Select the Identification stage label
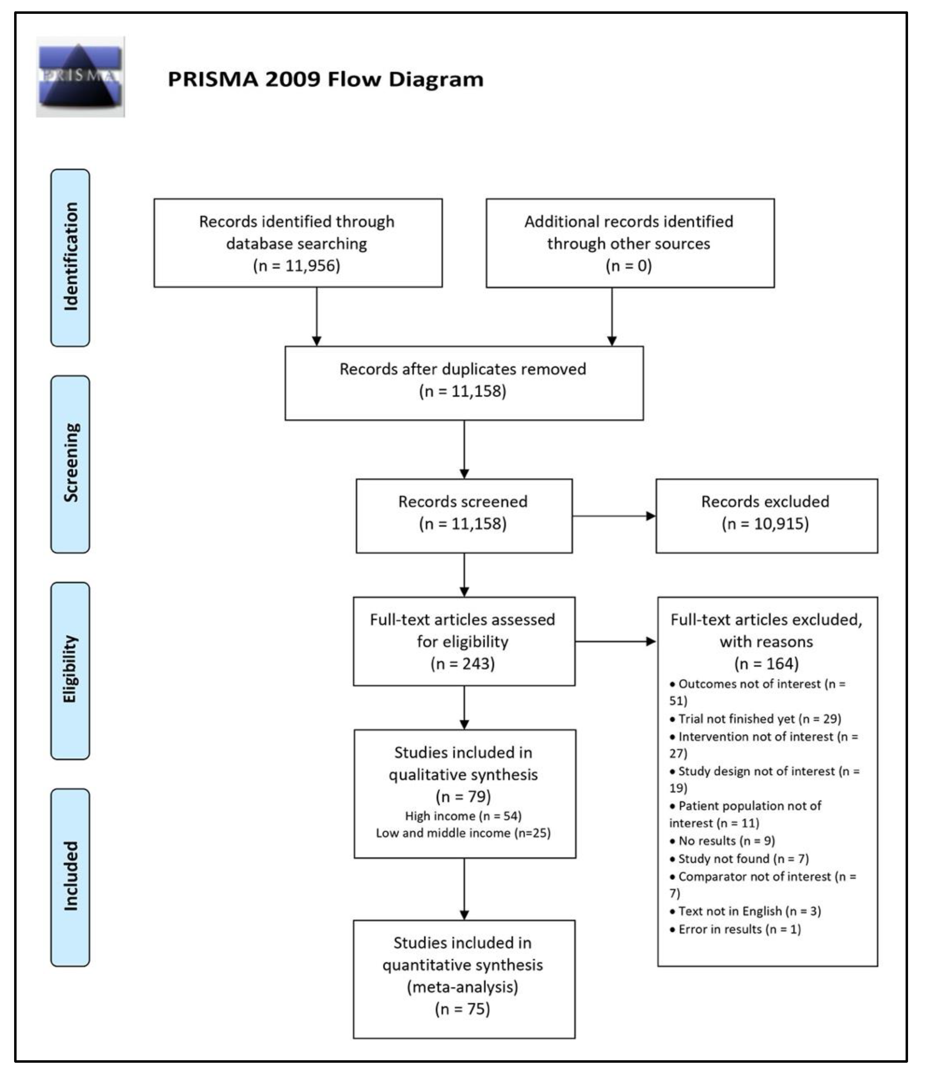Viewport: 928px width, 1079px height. point(70,257)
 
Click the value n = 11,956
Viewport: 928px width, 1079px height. point(297,266)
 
